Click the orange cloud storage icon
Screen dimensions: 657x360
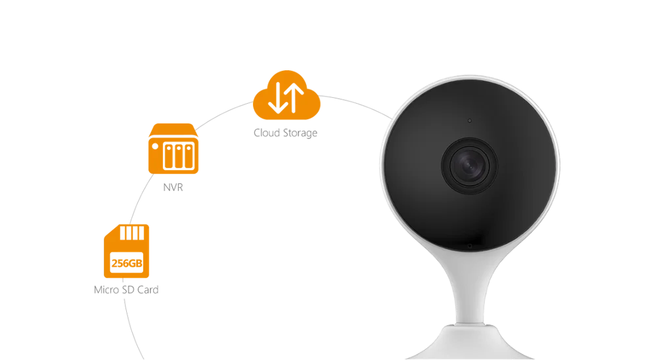tap(286, 95)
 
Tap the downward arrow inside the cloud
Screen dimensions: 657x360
tap(277, 98)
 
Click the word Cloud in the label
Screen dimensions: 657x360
tap(267, 133)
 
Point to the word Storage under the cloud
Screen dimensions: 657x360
tap(300, 133)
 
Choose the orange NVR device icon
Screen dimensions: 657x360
tap(173, 148)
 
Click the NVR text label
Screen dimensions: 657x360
tap(173, 187)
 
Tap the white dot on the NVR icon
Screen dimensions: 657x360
tap(155, 146)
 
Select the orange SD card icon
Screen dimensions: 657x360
tap(127, 250)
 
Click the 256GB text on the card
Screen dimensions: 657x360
tap(127, 263)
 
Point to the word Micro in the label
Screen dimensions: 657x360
tap(106, 290)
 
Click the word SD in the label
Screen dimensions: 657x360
tap(128, 290)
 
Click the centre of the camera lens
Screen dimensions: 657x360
tap(469, 166)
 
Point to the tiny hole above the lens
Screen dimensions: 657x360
tap(470, 121)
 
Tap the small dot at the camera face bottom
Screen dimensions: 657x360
tap(470, 246)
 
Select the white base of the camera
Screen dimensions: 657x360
tap(470, 342)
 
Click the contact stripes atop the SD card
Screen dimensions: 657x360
tap(132, 233)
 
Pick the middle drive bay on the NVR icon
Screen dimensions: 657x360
tap(179, 156)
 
